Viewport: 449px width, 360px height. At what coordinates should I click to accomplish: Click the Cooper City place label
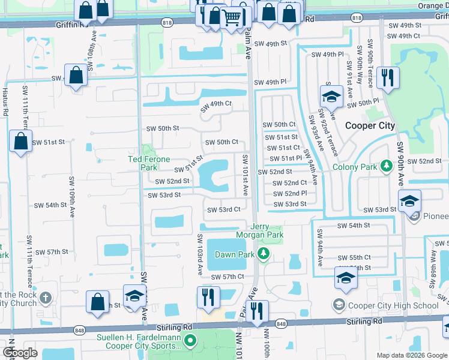370,125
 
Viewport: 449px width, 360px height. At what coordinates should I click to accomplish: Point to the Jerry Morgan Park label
259,231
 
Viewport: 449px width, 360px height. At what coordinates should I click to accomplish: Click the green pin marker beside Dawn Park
263,254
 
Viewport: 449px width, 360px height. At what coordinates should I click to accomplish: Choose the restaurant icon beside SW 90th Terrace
387,78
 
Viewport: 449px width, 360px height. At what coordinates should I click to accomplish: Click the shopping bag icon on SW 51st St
20,142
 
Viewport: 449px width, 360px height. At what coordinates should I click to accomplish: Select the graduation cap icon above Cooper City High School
346,278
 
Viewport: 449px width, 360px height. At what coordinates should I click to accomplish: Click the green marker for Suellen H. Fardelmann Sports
190,341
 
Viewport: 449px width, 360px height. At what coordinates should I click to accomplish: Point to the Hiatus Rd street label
5,102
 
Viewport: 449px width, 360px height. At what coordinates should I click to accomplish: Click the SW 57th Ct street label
228,277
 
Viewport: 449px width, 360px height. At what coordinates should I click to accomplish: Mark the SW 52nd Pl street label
291,193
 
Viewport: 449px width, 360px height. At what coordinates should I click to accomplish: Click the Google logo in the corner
20,353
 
